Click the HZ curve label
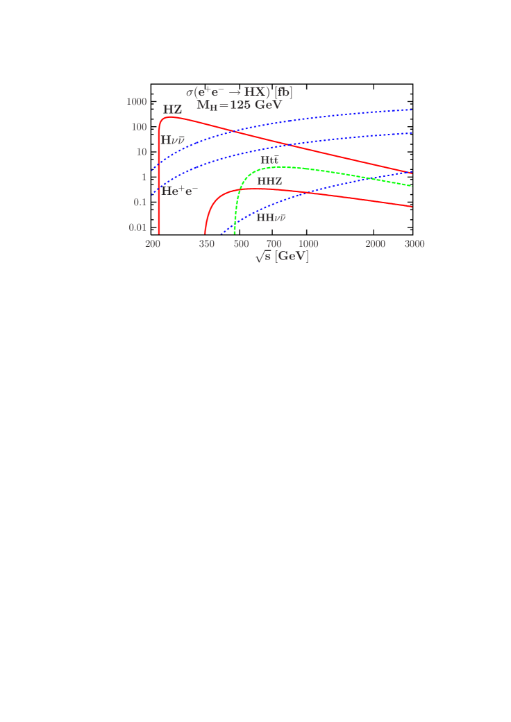(173, 110)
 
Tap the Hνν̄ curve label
(173, 140)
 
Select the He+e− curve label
(179, 190)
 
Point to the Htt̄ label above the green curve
(269, 160)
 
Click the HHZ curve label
(269, 181)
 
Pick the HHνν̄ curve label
(271, 217)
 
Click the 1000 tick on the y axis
(137, 102)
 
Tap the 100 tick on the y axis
(139, 127)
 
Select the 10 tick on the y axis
(142, 152)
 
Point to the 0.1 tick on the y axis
(140, 202)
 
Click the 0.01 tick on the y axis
(138, 227)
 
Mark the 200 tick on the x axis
(153, 244)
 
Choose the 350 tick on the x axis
(206, 244)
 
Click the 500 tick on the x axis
(241, 244)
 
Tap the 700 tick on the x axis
(274, 244)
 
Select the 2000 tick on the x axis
(376, 244)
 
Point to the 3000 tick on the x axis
(414, 244)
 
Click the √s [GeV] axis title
(281, 257)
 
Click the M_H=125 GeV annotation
(239, 105)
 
